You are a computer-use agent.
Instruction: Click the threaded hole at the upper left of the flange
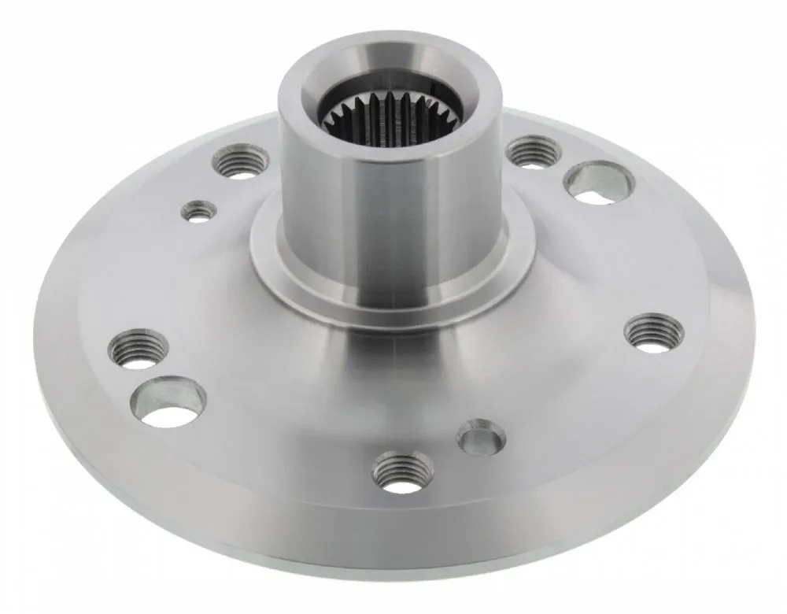pyautogui.click(x=240, y=162)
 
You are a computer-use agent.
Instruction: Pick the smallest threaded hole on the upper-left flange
pyautogui.click(x=198, y=210)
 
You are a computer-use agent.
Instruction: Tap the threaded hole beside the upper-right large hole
pyautogui.click(x=534, y=151)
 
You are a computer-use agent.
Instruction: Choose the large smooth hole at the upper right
pyautogui.click(x=598, y=183)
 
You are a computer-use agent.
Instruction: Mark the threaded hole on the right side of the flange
pyautogui.click(x=653, y=331)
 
